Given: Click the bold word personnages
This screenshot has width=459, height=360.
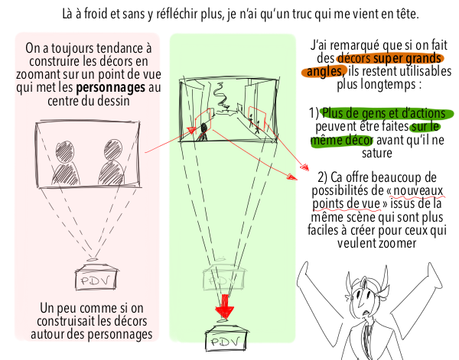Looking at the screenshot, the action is point(110,87).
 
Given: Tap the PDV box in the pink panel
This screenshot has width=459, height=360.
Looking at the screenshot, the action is point(96,277).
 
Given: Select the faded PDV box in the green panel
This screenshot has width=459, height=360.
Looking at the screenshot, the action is point(223,278).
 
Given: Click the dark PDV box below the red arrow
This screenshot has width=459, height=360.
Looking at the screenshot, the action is point(226,339).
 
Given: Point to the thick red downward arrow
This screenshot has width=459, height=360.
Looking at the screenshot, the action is point(224,306).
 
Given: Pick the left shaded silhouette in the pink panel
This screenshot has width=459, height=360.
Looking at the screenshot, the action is point(65,163).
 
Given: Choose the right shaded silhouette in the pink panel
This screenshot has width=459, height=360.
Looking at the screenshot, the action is point(112,163).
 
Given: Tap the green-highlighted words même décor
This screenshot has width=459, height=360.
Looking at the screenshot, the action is point(341,140).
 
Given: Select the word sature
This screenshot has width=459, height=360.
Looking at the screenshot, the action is point(377,153).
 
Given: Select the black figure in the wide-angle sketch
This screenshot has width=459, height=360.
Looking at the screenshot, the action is point(203,131).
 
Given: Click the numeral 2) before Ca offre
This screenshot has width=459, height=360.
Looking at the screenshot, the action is point(323,177).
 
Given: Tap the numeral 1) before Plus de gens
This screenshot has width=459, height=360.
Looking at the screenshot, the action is point(314,113).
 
